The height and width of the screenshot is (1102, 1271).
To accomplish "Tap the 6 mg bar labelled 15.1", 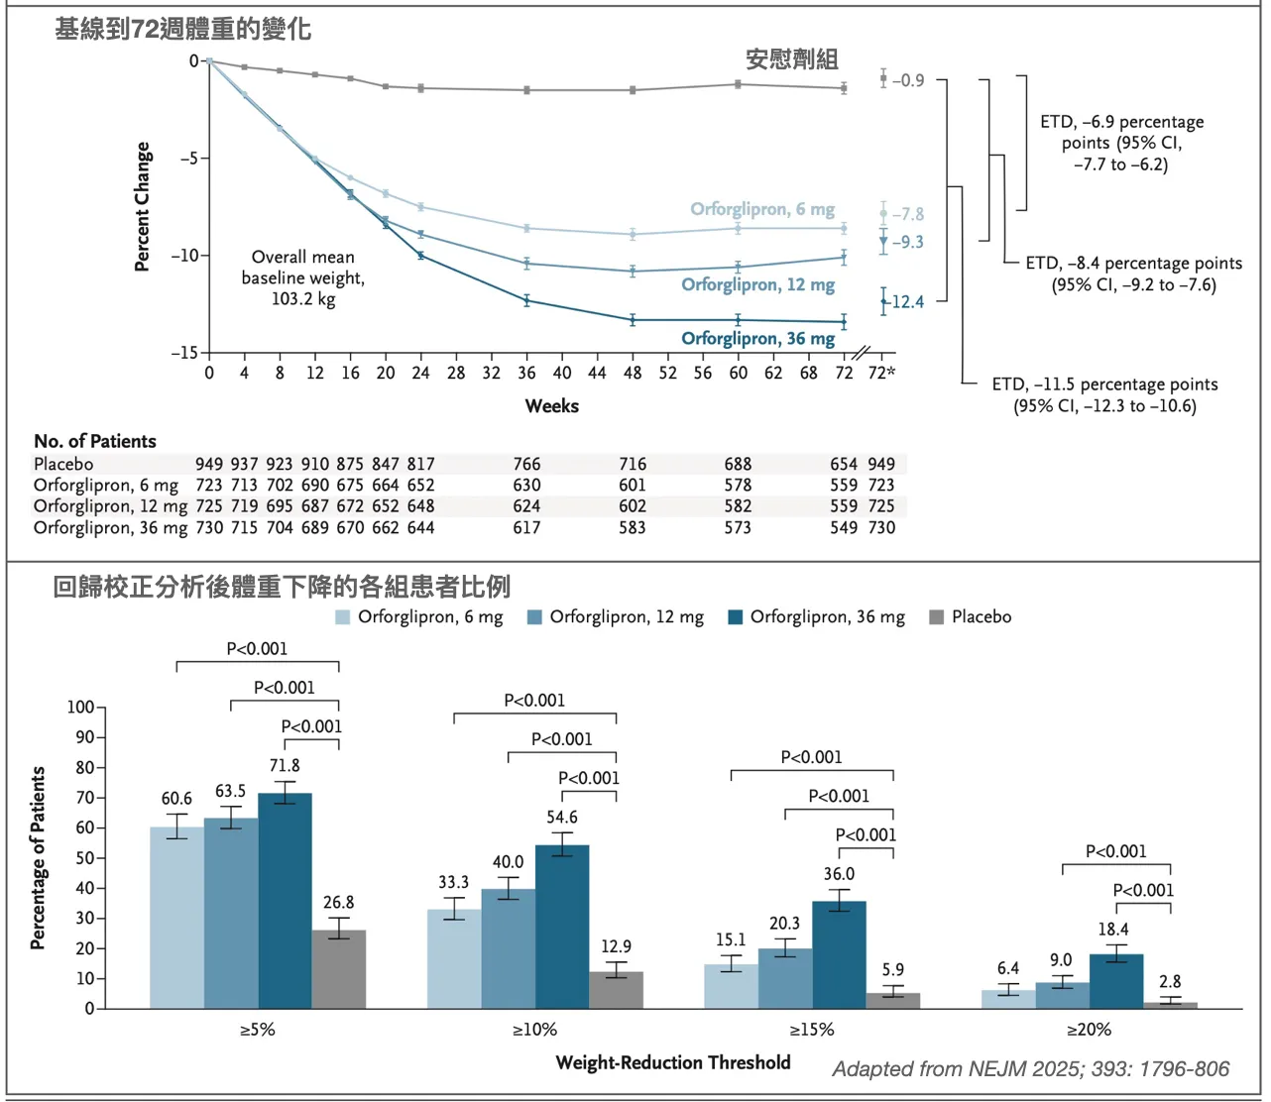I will [x=731, y=986].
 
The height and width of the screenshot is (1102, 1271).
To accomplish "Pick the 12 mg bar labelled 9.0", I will [x=1062, y=995].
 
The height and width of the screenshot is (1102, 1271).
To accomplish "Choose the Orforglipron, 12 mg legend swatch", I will [x=535, y=617].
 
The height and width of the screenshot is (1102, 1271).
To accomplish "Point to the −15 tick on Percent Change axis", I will [x=184, y=353].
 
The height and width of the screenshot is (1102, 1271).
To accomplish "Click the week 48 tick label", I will [x=633, y=374].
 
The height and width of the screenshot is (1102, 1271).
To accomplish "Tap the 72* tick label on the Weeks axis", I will [x=881, y=374].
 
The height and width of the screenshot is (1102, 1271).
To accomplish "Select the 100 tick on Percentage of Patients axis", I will [x=80, y=708].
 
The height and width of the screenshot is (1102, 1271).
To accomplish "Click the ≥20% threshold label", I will [x=1089, y=1030].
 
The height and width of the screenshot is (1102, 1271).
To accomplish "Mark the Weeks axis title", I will [x=552, y=406].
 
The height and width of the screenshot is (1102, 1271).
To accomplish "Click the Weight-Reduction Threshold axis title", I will [x=673, y=1063].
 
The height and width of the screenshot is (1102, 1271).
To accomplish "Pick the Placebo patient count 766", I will [x=526, y=465].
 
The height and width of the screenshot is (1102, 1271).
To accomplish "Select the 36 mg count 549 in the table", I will [x=844, y=528].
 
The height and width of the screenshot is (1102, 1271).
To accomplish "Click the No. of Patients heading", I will [x=95, y=442].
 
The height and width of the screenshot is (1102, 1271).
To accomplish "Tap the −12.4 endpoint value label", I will [x=907, y=302].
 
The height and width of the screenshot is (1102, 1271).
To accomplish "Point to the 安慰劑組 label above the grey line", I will [x=792, y=60].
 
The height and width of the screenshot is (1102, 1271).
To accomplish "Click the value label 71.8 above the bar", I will [x=285, y=766].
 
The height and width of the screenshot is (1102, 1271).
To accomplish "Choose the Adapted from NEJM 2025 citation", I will [x=1030, y=1069].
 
